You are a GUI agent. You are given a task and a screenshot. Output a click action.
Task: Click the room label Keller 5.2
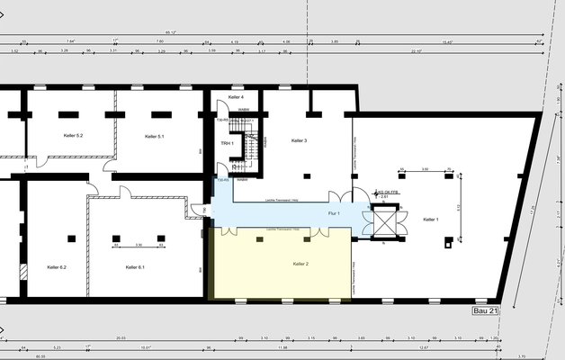tap(73, 136)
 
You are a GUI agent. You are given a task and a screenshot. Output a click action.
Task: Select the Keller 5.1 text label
tap(154, 136)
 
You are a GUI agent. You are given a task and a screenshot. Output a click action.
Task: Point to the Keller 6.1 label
tap(135, 267)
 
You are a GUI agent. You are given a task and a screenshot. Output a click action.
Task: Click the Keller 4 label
tap(236, 96)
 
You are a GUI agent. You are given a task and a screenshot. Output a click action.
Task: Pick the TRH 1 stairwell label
tap(227, 144)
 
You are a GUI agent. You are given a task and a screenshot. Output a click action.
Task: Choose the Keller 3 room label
tap(300, 141)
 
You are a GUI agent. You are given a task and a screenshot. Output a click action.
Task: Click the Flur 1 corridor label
tap(333, 214)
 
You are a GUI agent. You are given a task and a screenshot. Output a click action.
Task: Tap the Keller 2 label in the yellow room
tap(300, 264)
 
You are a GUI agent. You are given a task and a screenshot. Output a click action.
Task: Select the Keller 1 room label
tap(431, 220)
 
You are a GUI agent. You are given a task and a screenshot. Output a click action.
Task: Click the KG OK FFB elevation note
tap(388, 193)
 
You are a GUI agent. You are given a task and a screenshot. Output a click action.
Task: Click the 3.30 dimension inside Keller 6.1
tap(138, 244)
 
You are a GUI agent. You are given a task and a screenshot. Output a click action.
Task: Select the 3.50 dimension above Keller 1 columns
tap(425, 168)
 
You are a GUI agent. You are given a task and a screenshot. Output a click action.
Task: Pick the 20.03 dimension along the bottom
tap(120, 338)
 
